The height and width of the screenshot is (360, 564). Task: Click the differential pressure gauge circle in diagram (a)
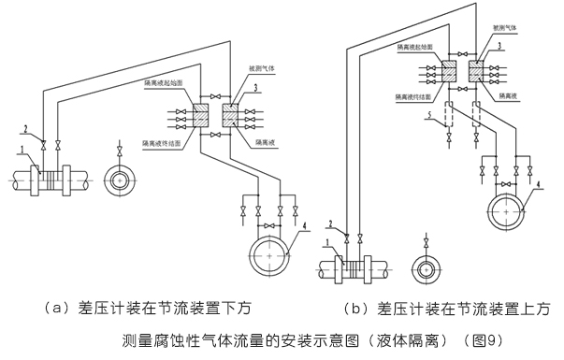click(271, 254)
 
